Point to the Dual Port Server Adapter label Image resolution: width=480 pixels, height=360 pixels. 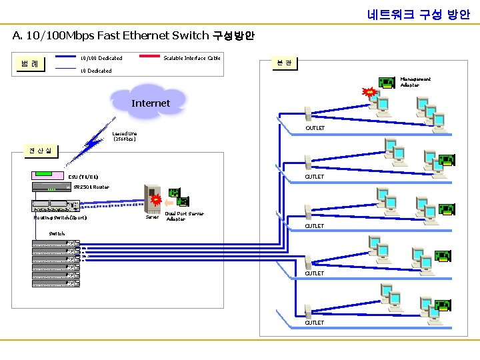[x=184, y=216]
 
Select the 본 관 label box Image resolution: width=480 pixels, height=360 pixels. [x=284, y=63]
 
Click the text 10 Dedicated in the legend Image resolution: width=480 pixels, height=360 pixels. [x=96, y=71]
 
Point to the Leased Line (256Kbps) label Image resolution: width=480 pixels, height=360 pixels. [x=125, y=136]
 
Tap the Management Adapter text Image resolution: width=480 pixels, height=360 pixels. [x=415, y=82]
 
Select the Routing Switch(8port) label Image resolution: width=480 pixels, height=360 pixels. [x=60, y=218]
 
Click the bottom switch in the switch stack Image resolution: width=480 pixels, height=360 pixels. [x=55, y=283]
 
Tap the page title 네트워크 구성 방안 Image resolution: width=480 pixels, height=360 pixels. [x=418, y=14]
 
